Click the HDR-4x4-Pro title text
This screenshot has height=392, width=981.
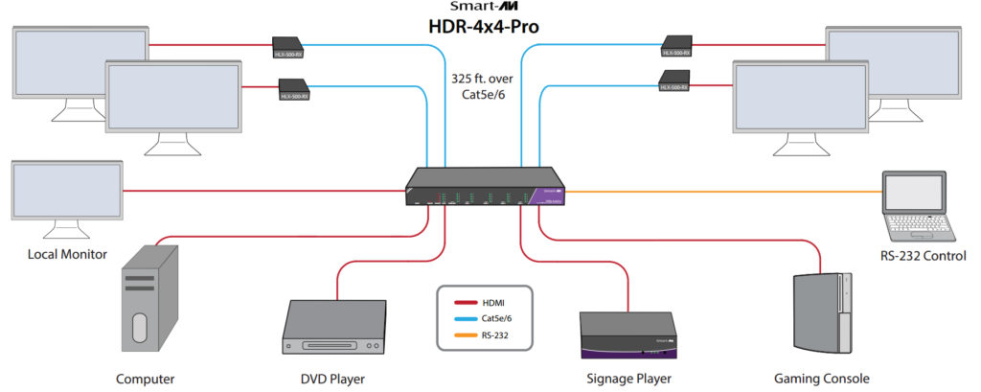[x=483, y=26]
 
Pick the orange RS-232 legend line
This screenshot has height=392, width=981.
[x=471, y=334]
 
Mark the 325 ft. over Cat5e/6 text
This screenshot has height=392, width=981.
[x=484, y=89]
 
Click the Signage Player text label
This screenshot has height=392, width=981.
[x=628, y=379]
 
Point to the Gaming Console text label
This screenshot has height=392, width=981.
[x=821, y=379]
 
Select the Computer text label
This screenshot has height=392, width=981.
[x=146, y=379]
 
